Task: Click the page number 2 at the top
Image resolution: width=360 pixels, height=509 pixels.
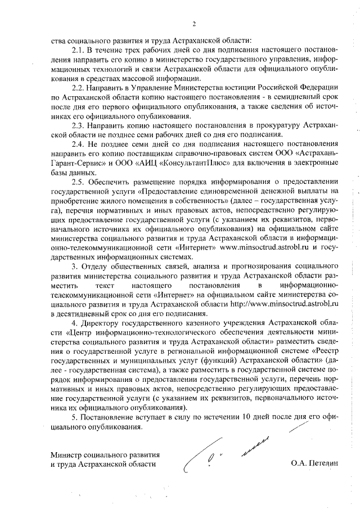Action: point(193,24)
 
